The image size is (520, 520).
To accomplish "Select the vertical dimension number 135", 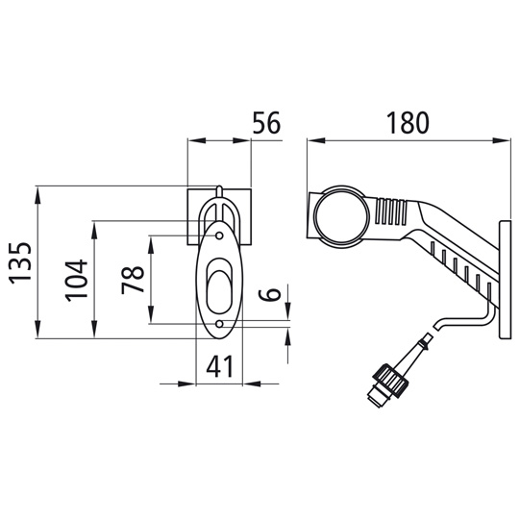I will [21, 261].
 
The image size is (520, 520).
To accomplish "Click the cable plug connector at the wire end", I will [386, 383].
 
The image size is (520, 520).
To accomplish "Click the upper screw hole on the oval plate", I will [221, 233].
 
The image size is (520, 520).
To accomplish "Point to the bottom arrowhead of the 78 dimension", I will [151, 321].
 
